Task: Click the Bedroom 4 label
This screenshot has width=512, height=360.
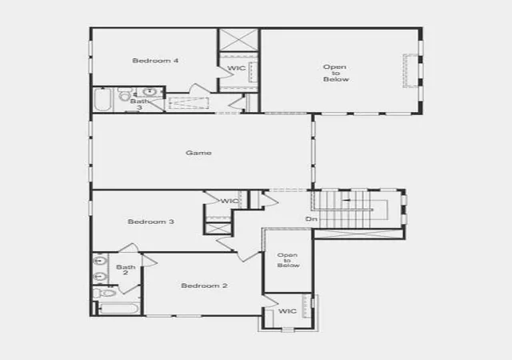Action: coord(155,61)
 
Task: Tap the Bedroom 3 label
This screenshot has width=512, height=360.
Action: coord(151,222)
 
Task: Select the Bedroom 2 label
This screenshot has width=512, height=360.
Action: coord(204,286)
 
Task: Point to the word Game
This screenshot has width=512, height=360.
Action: coord(198,153)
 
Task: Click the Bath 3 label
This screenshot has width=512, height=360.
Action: coord(139,104)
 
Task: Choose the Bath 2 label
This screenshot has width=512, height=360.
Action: coord(126,270)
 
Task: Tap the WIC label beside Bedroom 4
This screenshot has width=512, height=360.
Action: coord(237,68)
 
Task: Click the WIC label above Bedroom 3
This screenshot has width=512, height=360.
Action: coord(230,201)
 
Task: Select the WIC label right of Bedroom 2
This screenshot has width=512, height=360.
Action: coord(287,311)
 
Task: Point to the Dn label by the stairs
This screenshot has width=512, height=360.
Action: coord(311,219)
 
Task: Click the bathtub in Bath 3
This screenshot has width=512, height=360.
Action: coord(102,100)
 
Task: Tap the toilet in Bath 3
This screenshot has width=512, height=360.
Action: coord(124,94)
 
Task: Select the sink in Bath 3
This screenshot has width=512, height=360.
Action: coord(150,91)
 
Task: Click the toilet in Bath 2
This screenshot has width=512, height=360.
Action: coord(105,292)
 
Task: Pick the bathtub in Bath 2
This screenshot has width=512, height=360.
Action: coord(119,309)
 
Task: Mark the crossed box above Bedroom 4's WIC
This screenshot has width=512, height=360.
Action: coord(238,40)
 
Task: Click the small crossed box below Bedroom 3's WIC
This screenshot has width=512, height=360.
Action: coord(218,228)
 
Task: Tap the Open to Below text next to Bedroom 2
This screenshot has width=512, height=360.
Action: coord(288,260)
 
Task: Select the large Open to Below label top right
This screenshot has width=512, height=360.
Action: coord(336,73)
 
